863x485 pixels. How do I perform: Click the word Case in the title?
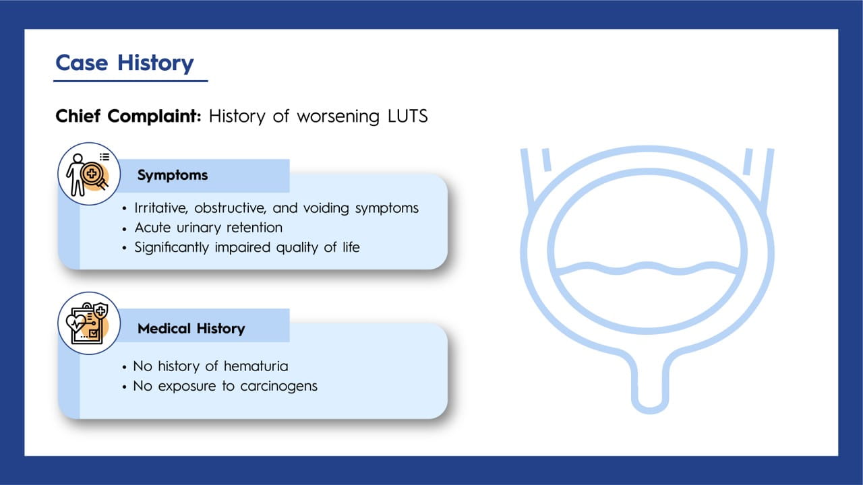tap(82, 63)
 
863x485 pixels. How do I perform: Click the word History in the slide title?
tap(156, 63)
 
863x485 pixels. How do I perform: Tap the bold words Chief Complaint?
tap(128, 117)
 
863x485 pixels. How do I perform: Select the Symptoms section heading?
tap(173, 175)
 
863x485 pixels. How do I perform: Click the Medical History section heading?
tap(191, 328)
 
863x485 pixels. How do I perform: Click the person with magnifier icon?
tap(88, 174)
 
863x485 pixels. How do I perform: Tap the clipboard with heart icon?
tap(88, 323)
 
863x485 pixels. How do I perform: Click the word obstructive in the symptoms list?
tap(230, 208)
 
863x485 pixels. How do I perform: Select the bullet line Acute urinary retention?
tap(208, 228)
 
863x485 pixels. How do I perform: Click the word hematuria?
tap(256, 366)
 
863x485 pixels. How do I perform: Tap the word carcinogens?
tap(279, 386)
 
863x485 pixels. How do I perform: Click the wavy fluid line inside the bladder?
tap(648, 268)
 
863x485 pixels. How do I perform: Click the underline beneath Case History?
tap(131, 81)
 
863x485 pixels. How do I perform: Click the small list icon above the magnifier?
tap(105, 157)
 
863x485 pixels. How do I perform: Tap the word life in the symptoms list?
tap(351, 247)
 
